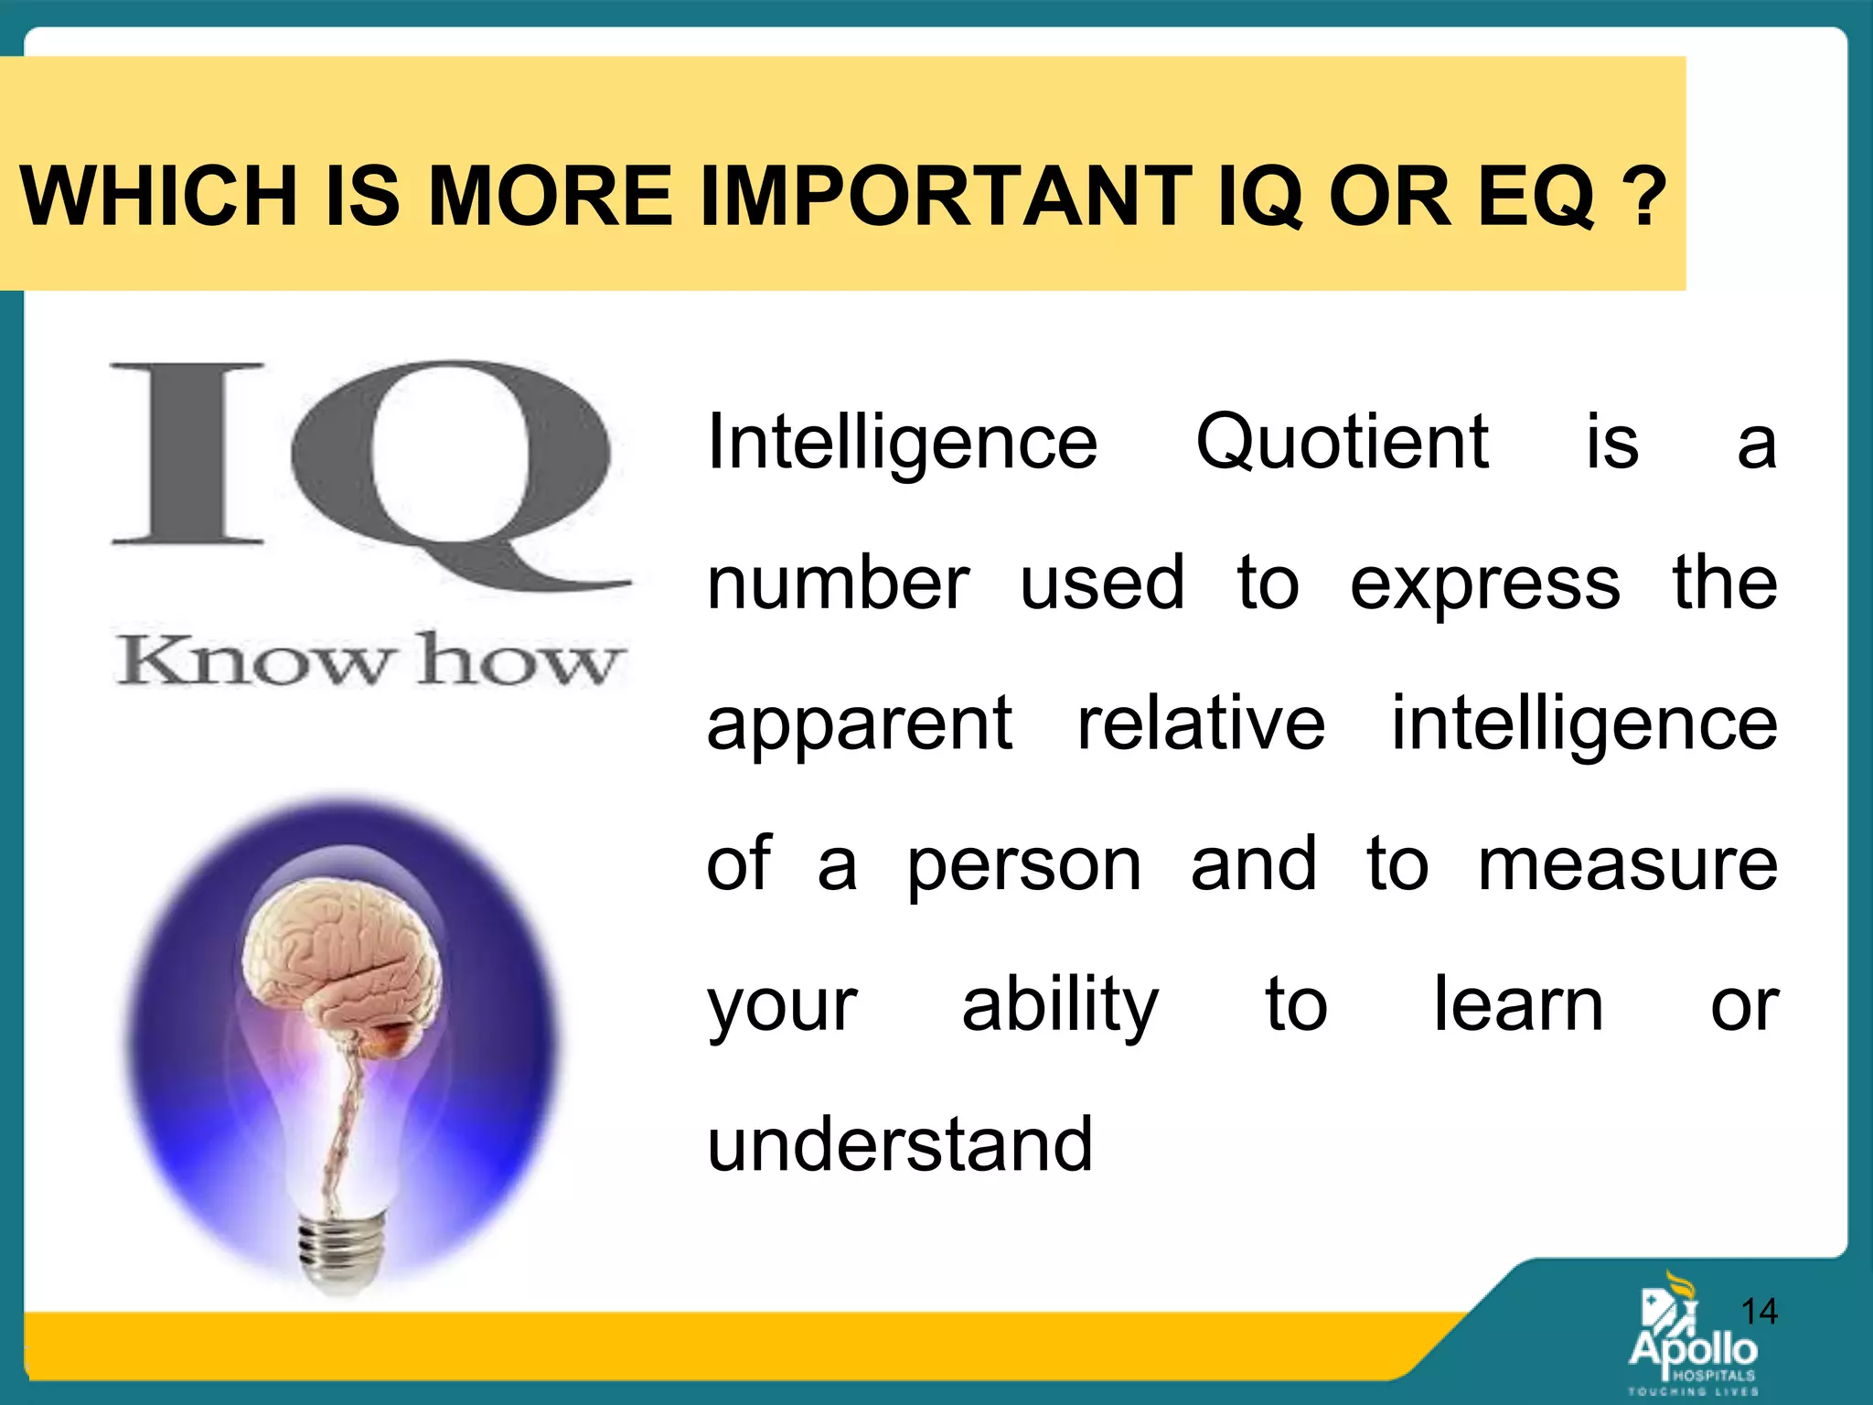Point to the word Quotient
1343,442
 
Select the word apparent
860,725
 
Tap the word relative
1201,724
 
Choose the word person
1024,866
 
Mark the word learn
1517,1004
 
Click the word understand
900,1144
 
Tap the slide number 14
1758,1312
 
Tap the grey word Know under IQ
252,660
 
